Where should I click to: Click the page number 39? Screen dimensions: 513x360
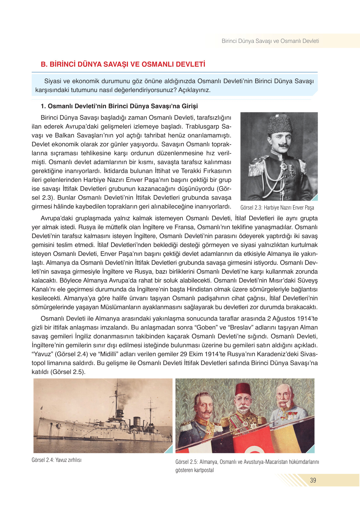tap(313, 480)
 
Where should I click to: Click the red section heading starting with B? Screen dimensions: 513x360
tap(123, 64)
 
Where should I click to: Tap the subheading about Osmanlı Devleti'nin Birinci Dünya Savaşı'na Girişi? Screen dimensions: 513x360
tap(119, 106)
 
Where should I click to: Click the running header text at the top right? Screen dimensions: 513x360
tap(270, 41)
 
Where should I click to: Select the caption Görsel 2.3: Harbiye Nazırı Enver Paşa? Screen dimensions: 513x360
tap(277, 208)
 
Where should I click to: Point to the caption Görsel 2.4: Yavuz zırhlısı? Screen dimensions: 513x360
tap(57, 460)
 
